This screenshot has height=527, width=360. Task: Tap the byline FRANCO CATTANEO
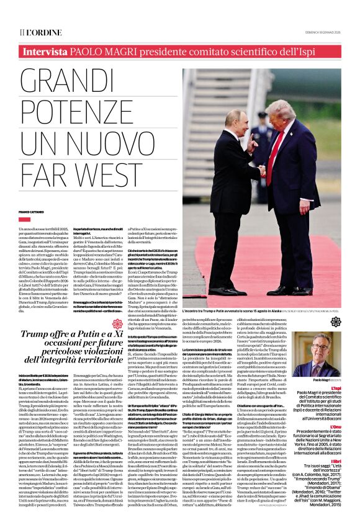[33, 212]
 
